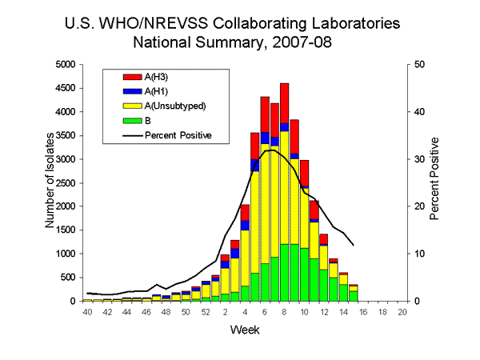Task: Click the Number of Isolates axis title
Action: click(50, 182)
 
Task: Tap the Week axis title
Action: click(244, 329)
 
